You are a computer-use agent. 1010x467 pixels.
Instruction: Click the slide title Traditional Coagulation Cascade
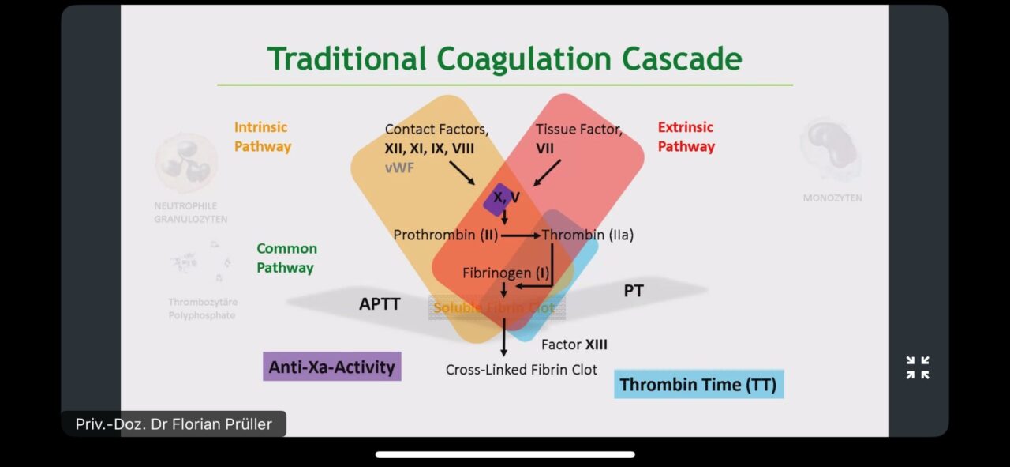(504, 60)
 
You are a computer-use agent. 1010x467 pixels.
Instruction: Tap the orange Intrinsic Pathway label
(262, 137)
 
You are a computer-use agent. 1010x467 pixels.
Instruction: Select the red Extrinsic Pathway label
(686, 137)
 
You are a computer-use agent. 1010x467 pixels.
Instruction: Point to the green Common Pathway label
(286, 258)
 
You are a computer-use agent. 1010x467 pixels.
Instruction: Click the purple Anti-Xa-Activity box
(331, 367)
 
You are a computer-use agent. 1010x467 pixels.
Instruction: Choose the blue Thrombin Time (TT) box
(698, 385)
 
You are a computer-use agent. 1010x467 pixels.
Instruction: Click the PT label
(633, 291)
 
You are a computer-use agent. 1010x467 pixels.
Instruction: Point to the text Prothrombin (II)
(445, 235)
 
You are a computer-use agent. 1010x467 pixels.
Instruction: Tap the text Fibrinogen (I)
(506, 273)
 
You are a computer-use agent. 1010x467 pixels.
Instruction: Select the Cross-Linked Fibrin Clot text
(521, 369)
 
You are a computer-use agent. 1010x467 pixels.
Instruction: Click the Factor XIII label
(574, 345)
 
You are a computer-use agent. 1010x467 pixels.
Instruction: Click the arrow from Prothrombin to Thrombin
(521, 235)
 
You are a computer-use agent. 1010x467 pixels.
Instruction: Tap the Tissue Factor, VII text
(578, 137)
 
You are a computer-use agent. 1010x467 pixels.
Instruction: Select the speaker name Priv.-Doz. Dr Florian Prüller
(174, 424)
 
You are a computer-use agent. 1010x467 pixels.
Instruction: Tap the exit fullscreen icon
(918, 367)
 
